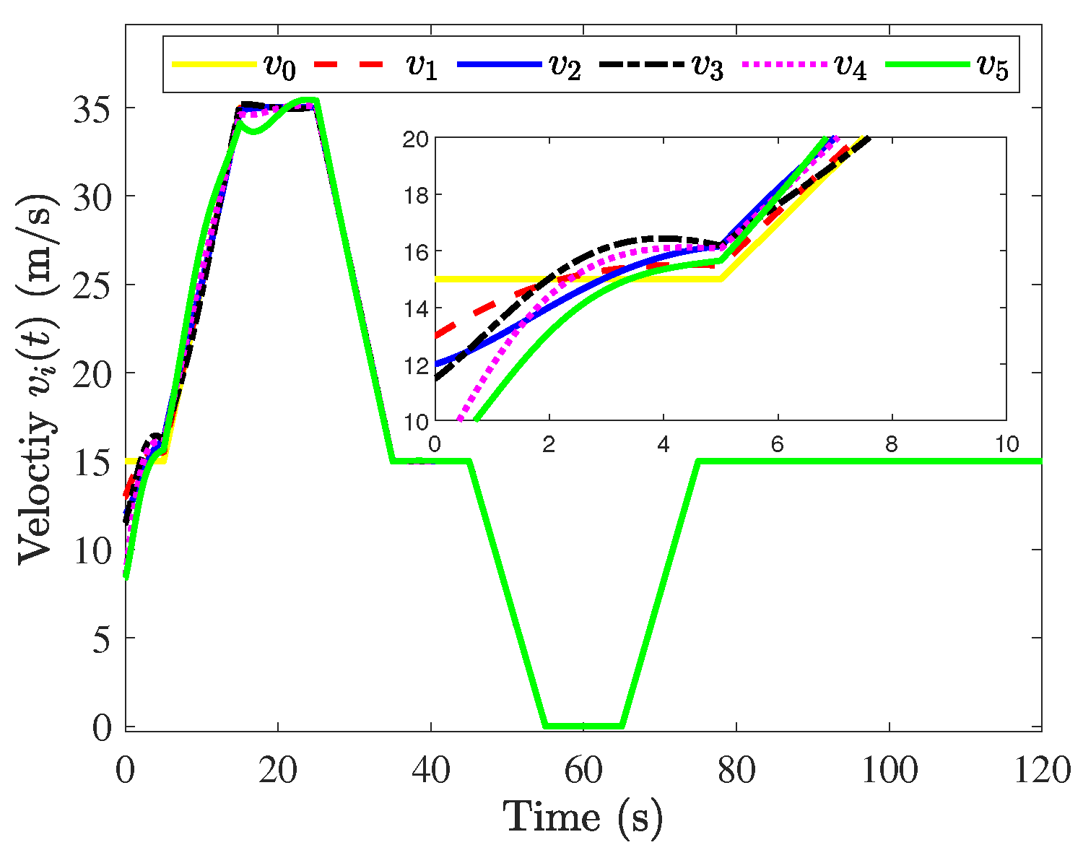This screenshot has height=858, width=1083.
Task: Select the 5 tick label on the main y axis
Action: [x=105, y=638]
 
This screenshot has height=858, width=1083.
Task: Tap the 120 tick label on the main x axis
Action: [x=1040, y=771]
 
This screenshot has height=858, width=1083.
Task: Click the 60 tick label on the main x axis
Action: [x=583, y=771]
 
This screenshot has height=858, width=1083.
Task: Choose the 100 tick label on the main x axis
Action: [x=889, y=771]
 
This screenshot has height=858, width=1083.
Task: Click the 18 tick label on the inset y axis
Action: [x=417, y=195]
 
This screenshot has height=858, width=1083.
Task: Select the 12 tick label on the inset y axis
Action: [x=417, y=365]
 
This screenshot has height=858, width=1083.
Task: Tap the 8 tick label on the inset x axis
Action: [x=892, y=443]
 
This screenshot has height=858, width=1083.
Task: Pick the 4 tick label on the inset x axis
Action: [x=663, y=443]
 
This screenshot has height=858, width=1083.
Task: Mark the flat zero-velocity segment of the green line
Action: [x=583, y=726]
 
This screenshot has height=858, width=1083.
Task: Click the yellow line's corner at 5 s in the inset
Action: [x=720, y=279]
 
